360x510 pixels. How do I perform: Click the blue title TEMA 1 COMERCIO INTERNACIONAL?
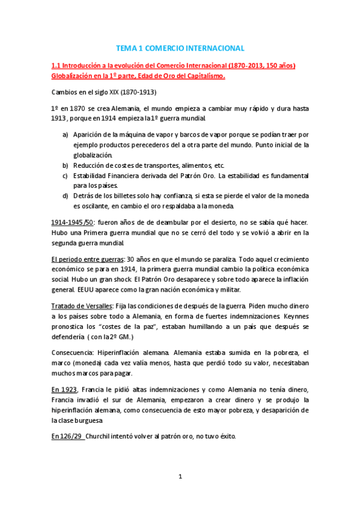[x=180, y=48]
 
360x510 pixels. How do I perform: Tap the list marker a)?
[x=65, y=135]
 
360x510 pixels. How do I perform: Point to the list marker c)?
[x=65, y=176]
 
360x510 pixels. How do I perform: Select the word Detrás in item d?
[x=85, y=196]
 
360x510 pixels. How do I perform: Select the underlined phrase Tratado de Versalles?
[x=81, y=306]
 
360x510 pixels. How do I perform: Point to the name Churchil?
[x=102, y=435]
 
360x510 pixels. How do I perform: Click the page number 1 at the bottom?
[x=180, y=477]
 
